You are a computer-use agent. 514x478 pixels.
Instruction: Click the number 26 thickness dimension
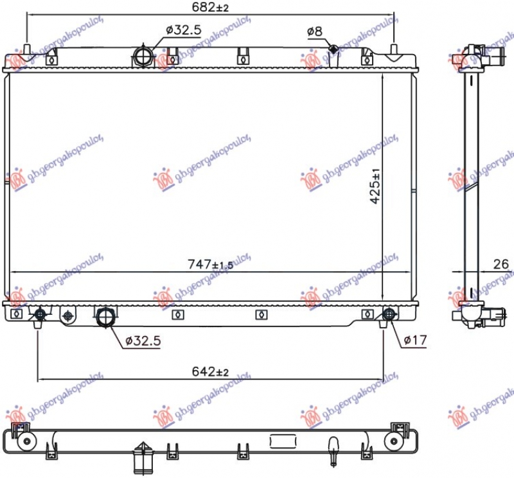(501, 263)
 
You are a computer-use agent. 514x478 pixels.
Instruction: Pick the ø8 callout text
(314, 31)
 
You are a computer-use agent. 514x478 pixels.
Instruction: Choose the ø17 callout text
(415, 340)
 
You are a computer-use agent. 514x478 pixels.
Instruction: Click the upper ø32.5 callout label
(183, 30)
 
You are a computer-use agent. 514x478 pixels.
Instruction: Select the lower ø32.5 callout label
(142, 340)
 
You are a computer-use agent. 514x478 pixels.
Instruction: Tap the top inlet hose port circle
(142, 56)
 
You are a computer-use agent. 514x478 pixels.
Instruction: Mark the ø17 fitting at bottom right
(388, 314)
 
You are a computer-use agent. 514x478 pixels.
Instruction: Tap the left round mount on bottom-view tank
(26, 441)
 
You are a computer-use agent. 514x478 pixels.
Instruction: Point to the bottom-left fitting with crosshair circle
(40, 314)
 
